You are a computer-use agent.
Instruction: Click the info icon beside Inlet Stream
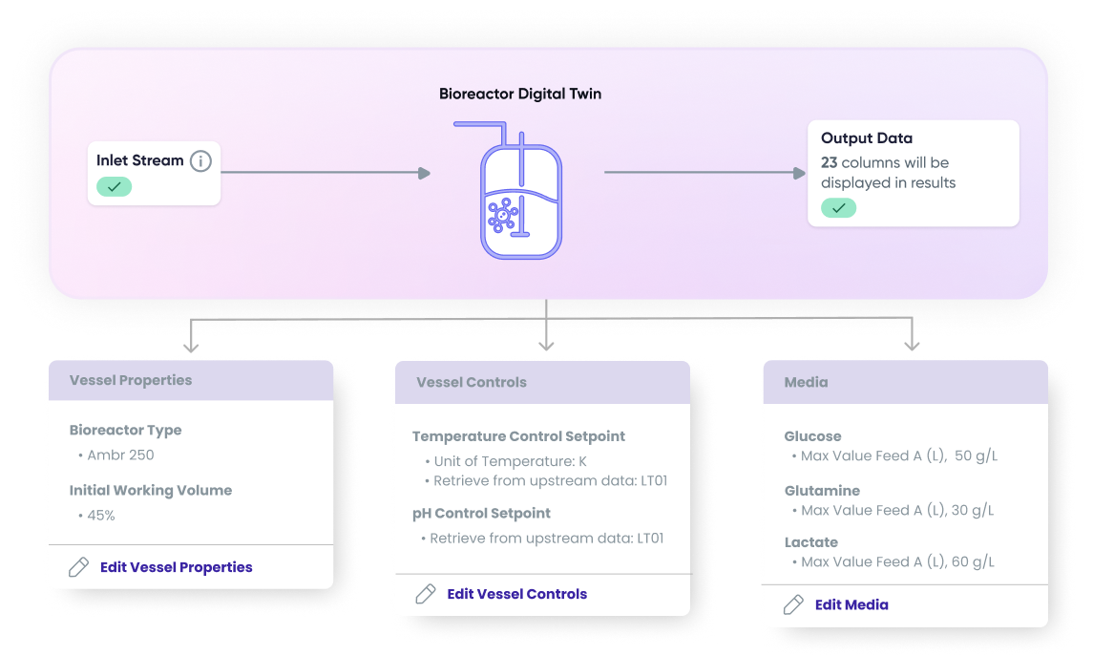pyautogui.click(x=200, y=161)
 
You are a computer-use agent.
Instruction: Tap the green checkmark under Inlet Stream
pyautogui.click(x=114, y=187)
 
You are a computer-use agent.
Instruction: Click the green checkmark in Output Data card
pyautogui.click(x=838, y=207)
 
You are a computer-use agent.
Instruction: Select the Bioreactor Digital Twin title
pyautogui.click(x=520, y=94)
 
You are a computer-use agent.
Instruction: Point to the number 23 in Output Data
pyautogui.click(x=830, y=162)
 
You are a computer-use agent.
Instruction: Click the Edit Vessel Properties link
pyautogui.click(x=176, y=567)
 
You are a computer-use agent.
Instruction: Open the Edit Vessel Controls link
pyautogui.click(x=516, y=594)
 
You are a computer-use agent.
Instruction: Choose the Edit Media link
pyautogui.click(x=851, y=604)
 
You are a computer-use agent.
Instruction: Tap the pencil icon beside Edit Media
pyautogui.click(x=793, y=604)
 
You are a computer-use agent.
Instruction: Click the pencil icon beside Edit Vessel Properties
pyautogui.click(x=79, y=567)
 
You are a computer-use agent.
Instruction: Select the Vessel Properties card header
pyautogui.click(x=131, y=380)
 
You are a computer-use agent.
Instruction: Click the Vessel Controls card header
pyautogui.click(x=472, y=382)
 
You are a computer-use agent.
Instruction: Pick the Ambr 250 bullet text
pyautogui.click(x=120, y=455)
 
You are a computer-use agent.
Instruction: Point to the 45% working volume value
pyautogui.click(x=101, y=516)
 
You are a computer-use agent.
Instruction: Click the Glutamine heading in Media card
pyautogui.click(x=822, y=491)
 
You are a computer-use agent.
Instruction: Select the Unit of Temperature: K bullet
pyautogui.click(x=510, y=461)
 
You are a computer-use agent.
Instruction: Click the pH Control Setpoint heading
pyautogui.click(x=481, y=513)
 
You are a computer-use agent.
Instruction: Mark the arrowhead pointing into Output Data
pyautogui.click(x=801, y=173)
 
